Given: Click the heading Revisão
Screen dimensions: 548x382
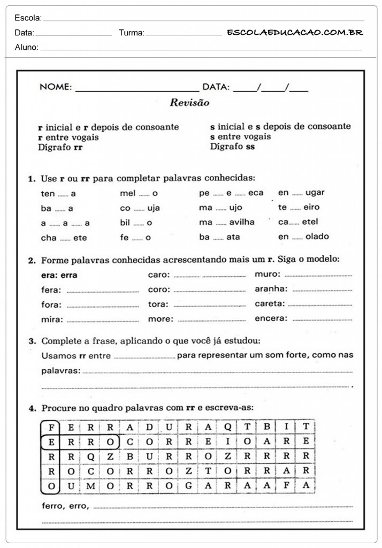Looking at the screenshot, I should click(189, 103).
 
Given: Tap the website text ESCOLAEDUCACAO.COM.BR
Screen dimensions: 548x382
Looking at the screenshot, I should click(295, 33).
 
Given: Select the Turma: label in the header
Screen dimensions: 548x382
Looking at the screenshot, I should click(131, 33).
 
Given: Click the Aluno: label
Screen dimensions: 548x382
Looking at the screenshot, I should click(26, 48).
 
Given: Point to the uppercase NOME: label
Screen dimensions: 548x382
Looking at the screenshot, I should click(55, 87).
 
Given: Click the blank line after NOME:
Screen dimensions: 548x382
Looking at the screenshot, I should click(137, 89).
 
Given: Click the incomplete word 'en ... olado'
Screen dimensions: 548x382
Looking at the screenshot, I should click(303, 237).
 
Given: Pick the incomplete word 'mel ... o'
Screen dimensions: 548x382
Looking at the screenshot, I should click(139, 193).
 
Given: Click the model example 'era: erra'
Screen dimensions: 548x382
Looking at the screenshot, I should click(59, 275).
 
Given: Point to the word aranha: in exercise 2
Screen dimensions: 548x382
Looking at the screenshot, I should click(271, 289).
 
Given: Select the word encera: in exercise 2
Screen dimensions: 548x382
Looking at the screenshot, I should click(271, 318).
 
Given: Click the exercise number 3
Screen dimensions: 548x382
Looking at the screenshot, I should click(32, 340).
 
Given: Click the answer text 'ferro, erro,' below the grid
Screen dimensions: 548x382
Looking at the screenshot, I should click(65, 506).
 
